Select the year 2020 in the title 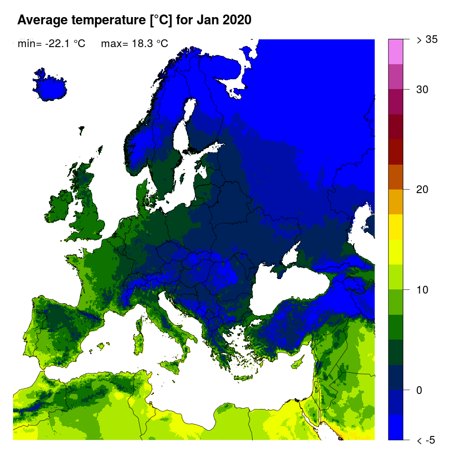[x=236, y=20]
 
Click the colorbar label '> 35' [x=428, y=39]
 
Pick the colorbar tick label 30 [x=422, y=90]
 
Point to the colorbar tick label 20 [x=422, y=189]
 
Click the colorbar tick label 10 [x=422, y=289]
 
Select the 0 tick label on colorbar [x=419, y=390]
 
